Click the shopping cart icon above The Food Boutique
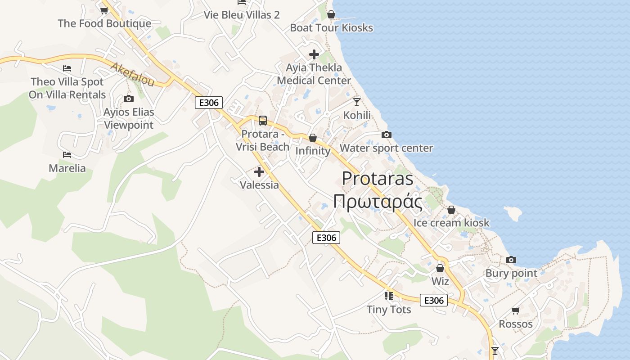point(104,10)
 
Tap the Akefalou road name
point(132,74)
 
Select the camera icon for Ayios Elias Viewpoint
point(128,99)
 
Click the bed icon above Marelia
point(67,155)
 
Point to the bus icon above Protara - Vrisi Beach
point(262,121)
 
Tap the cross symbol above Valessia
point(259,171)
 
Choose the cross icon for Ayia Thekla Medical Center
point(314,54)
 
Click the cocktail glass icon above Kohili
point(357,102)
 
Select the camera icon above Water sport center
point(386,135)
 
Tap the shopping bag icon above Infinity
point(312,138)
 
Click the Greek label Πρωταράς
point(378,202)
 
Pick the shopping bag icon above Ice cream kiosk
point(451,210)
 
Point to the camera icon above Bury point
point(511,260)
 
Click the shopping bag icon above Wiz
point(440,268)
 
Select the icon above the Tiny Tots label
point(388,296)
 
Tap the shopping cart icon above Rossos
point(515,310)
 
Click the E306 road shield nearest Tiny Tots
point(434,300)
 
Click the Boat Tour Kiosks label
point(331,27)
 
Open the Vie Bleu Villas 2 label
point(242,15)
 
